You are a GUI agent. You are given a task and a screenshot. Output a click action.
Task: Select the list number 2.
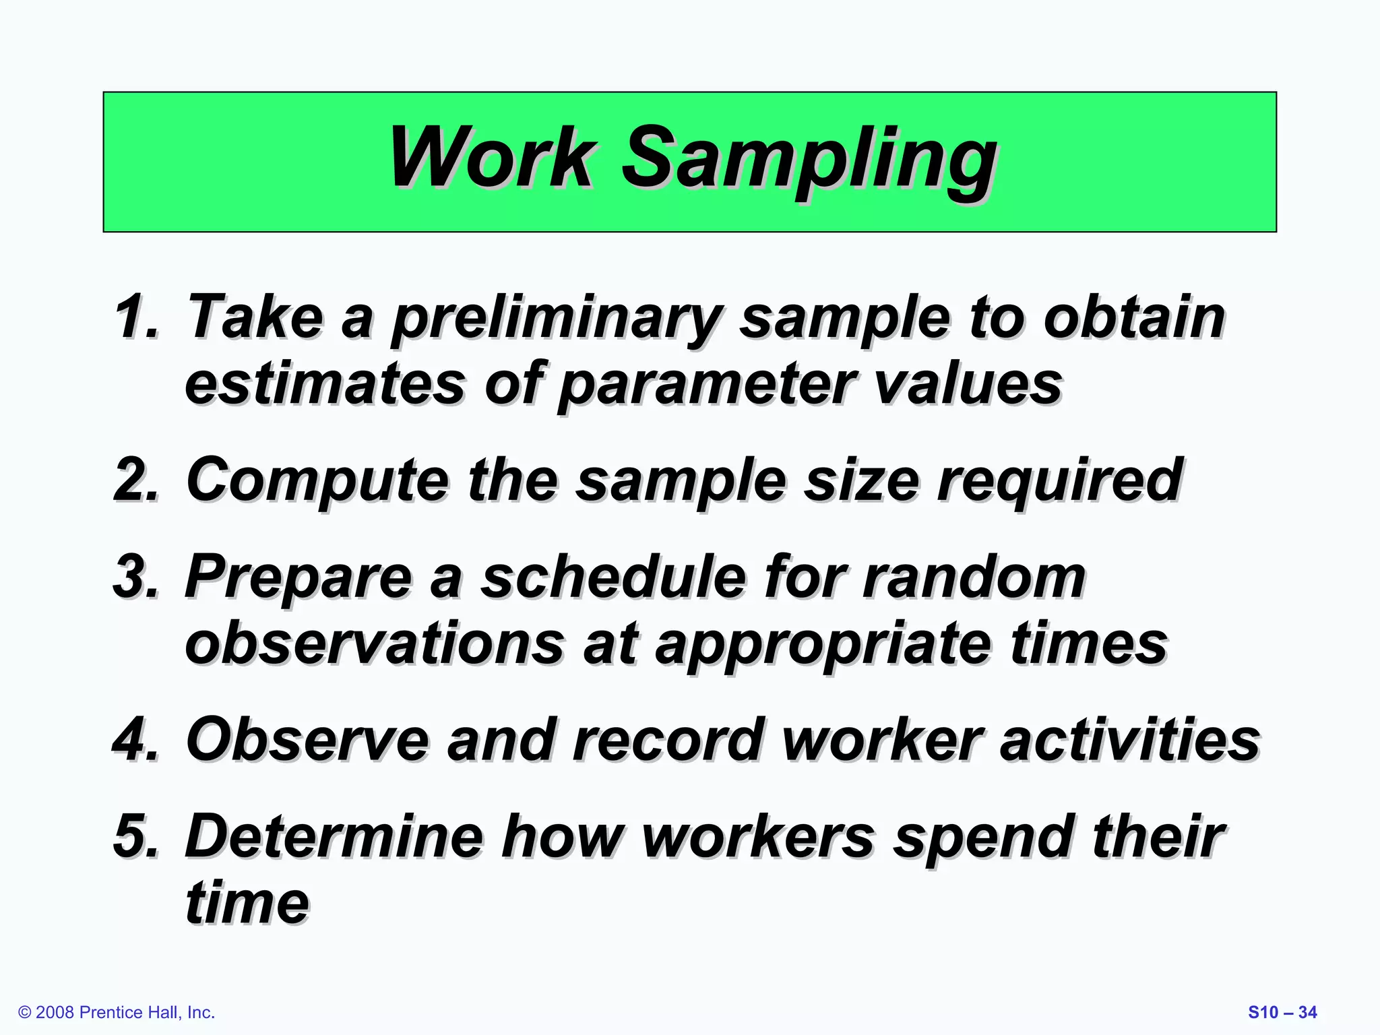click(137, 479)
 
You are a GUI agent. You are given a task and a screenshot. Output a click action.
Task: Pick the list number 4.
click(137, 740)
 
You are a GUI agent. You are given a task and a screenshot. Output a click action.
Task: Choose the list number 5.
click(137, 836)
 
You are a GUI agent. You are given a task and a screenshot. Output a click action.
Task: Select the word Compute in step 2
click(317, 480)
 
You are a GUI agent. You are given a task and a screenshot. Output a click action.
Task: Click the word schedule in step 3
click(613, 577)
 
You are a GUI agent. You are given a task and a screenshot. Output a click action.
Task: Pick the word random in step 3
click(974, 577)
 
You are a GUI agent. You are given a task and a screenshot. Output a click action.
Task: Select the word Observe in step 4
click(307, 740)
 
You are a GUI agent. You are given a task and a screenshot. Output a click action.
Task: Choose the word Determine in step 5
click(334, 836)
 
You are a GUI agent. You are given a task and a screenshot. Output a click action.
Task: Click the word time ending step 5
click(247, 902)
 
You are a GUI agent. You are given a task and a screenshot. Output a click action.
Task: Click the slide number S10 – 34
click(1282, 1012)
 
